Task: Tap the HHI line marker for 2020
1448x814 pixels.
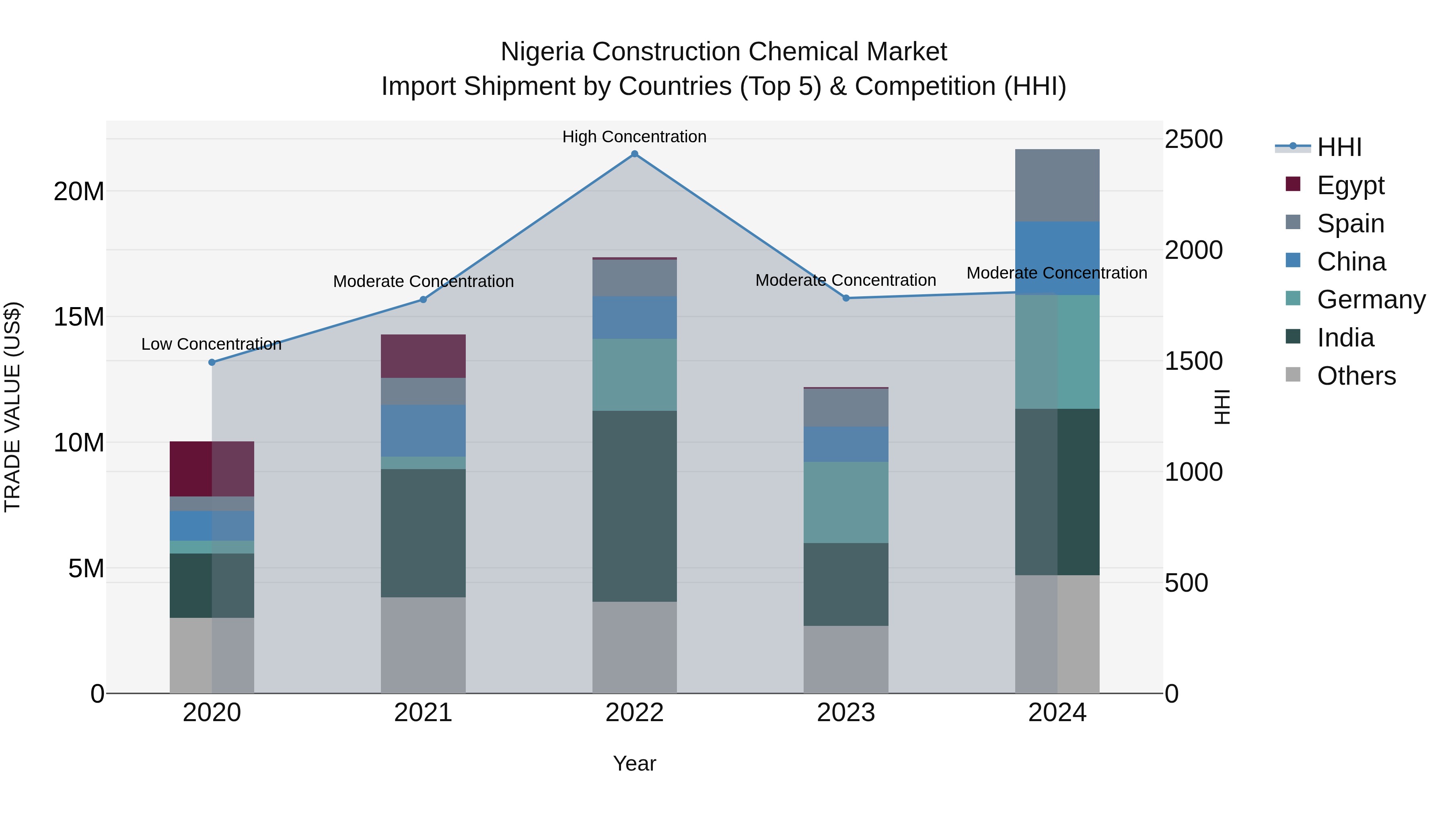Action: click(x=212, y=362)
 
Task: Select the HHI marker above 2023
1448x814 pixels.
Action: click(x=845, y=298)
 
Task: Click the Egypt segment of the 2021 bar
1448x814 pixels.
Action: click(x=423, y=356)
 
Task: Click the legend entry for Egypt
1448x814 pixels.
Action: click(x=1350, y=185)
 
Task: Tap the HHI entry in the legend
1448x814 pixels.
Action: click(x=1339, y=147)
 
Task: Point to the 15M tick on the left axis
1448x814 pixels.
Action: click(x=79, y=317)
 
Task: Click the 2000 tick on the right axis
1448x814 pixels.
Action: click(x=1193, y=250)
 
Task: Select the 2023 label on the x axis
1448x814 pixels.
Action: click(x=845, y=713)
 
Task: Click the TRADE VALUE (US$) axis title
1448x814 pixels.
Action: click(x=12, y=407)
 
